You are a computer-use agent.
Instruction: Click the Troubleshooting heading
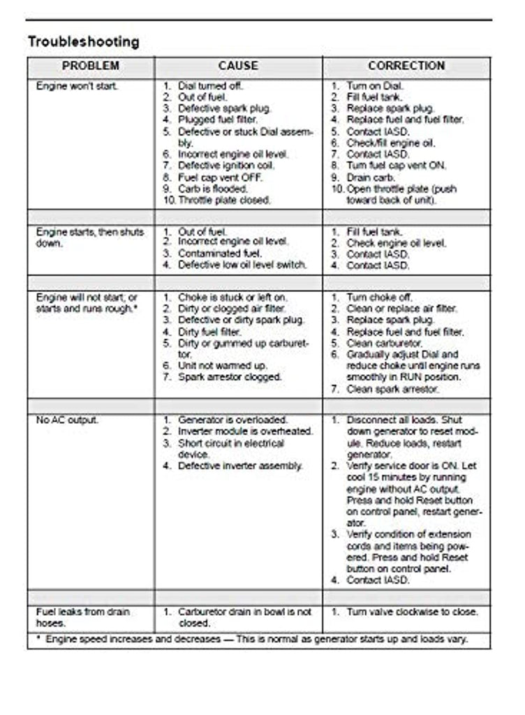(x=84, y=42)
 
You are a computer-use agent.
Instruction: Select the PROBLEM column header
(x=91, y=66)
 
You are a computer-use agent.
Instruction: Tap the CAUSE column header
(x=238, y=66)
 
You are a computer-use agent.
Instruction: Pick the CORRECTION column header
(x=406, y=66)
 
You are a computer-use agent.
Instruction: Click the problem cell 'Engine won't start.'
(x=77, y=86)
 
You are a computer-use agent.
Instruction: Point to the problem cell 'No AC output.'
(x=67, y=420)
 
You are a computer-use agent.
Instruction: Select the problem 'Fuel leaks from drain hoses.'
(x=82, y=617)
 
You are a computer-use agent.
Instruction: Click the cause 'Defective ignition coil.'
(x=226, y=165)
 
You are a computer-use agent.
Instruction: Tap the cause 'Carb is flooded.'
(x=212, y=189)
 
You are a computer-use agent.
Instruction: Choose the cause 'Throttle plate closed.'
(x=224, y=200)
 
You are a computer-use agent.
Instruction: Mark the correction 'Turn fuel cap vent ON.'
(x=397, y=165)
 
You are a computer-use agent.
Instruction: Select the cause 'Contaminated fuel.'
(x=220, y=254)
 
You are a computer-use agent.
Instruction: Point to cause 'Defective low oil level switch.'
(x=242, y=265)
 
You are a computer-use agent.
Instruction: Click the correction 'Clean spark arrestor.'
(x=392, y=389)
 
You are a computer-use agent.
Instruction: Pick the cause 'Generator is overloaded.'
(x=232, y=420)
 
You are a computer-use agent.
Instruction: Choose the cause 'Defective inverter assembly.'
(x=240, y=466)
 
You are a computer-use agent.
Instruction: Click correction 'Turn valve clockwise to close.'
(x=412, y=612)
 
